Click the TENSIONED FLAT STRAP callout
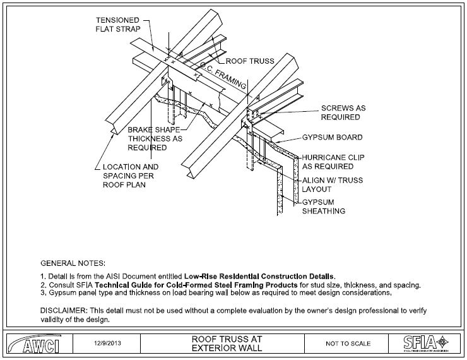pyautogui.click(x=118, y=25)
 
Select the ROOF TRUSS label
pyautogui.click(x=250, y=61)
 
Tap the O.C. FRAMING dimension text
pyautogui.click(x=222, y=75)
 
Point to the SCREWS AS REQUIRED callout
pyautogui.click(x=343, y=112)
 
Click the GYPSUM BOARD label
pyautogui.click(x=333, y=138)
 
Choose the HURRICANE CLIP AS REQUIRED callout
pyautogui.click(x=333, y=162)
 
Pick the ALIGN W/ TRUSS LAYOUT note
pyautogui.click(x=333, y=185)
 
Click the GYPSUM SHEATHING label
pyautogui.click(x=324, y=207)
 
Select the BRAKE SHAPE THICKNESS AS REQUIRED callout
pyautogui.click(x=155, y=138)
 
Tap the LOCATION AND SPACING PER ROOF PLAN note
pyautogui.click(x=131, y=176)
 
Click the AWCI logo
pyautogui.click(x=35, y=344)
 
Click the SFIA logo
pyautogui.click(x=426, y=343)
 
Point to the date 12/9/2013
pyautogui.click(x=107, y=343)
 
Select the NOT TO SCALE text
pyautogui.click(x=348, y=344)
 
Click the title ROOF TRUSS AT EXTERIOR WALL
pyautogui.click(x=227, y=344)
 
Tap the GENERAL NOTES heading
pyautogui.click(x=73, y=263)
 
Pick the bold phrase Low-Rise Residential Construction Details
pyautogui.click(x=260, y=276)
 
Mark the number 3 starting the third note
pyautogui.click(x=42, y=292)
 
